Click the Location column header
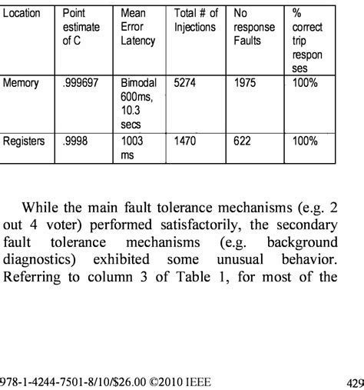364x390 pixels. pos(21,14)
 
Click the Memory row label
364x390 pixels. pos(21,81)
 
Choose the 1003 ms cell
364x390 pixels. pos(134,148)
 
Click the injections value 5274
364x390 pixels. pos(186,81)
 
